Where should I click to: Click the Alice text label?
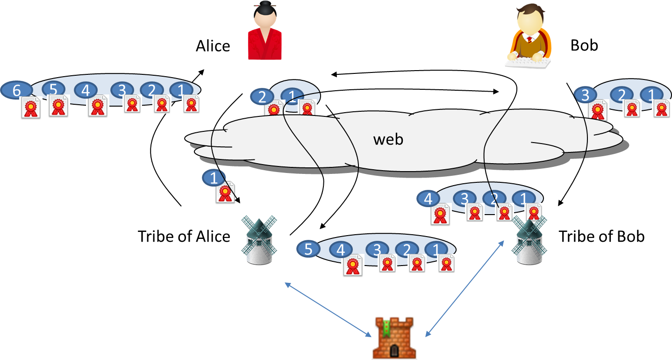coord(213,46)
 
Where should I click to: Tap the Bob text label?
coord(584,45)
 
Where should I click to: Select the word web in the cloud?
coord(388,139)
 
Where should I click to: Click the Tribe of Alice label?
coord(184,236)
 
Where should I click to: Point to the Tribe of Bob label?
coord(601,236)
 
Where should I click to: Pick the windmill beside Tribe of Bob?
coord(530,241)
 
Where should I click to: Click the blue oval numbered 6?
coord(16,90)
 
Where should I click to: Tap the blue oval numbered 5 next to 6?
coord(53,88)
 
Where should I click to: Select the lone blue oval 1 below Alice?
coord(214,178)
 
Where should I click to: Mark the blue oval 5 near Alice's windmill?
coord(308,249)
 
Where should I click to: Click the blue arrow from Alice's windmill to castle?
coord(328,309)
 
